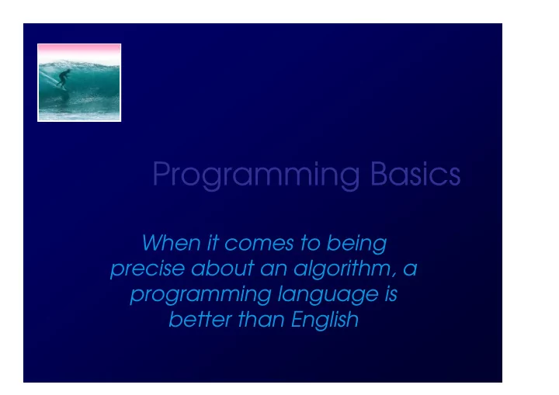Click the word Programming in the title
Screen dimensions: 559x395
pos(256,175)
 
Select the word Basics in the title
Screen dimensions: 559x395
pos(415,174)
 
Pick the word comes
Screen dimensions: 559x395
pos(259,244)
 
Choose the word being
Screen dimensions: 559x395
pos(356,244)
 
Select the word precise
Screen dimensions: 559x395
pos(148,269)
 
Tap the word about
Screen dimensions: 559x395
pos(223,268)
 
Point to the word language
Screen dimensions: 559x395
pos(328,295)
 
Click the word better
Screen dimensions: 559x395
pos(201,319)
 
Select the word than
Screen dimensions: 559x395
pos(261,319)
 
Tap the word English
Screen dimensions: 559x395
pos(325,321)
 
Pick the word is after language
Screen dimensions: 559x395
pos(391,294)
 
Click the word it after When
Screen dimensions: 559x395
pos(213,243)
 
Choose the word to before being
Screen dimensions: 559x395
pos(310,244)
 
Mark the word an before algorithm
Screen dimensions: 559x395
pos(274,270)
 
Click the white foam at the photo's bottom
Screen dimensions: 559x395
pos(79,116)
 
